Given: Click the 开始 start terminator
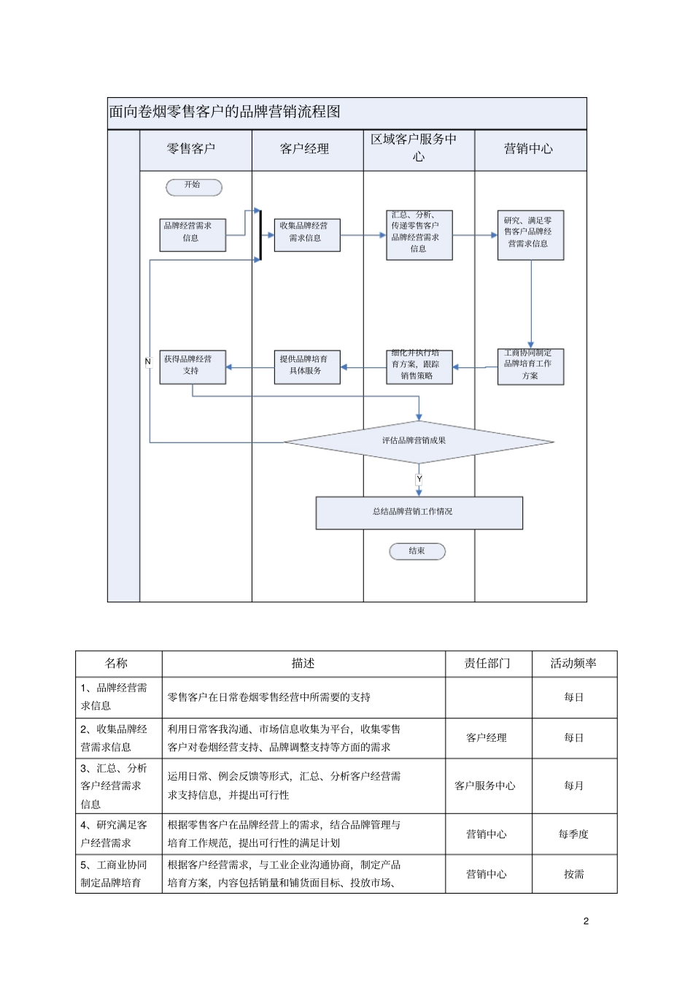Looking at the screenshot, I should (193, 187).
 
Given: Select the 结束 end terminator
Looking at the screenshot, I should (417, 551).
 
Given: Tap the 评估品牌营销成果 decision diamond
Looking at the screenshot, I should (418, 441).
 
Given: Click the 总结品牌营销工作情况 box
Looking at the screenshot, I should (419, 513).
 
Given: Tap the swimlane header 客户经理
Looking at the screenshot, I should (305, 149).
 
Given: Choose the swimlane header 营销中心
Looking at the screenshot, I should (529, 149).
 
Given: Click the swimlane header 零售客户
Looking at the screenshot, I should (192, 149).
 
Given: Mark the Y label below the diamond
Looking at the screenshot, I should (419, 480).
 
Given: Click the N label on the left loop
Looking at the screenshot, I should (148, 361).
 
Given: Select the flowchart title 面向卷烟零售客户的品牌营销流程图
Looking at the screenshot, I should (225, 112).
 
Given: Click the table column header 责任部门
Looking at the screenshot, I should (487, 664).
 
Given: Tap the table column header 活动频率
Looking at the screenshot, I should (573, 664).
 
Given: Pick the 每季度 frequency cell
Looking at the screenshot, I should (573, 834).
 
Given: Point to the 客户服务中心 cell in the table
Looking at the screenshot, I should (485, 786).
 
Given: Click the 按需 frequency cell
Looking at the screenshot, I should (573, 874).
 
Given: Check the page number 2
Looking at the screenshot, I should (586, 921).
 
